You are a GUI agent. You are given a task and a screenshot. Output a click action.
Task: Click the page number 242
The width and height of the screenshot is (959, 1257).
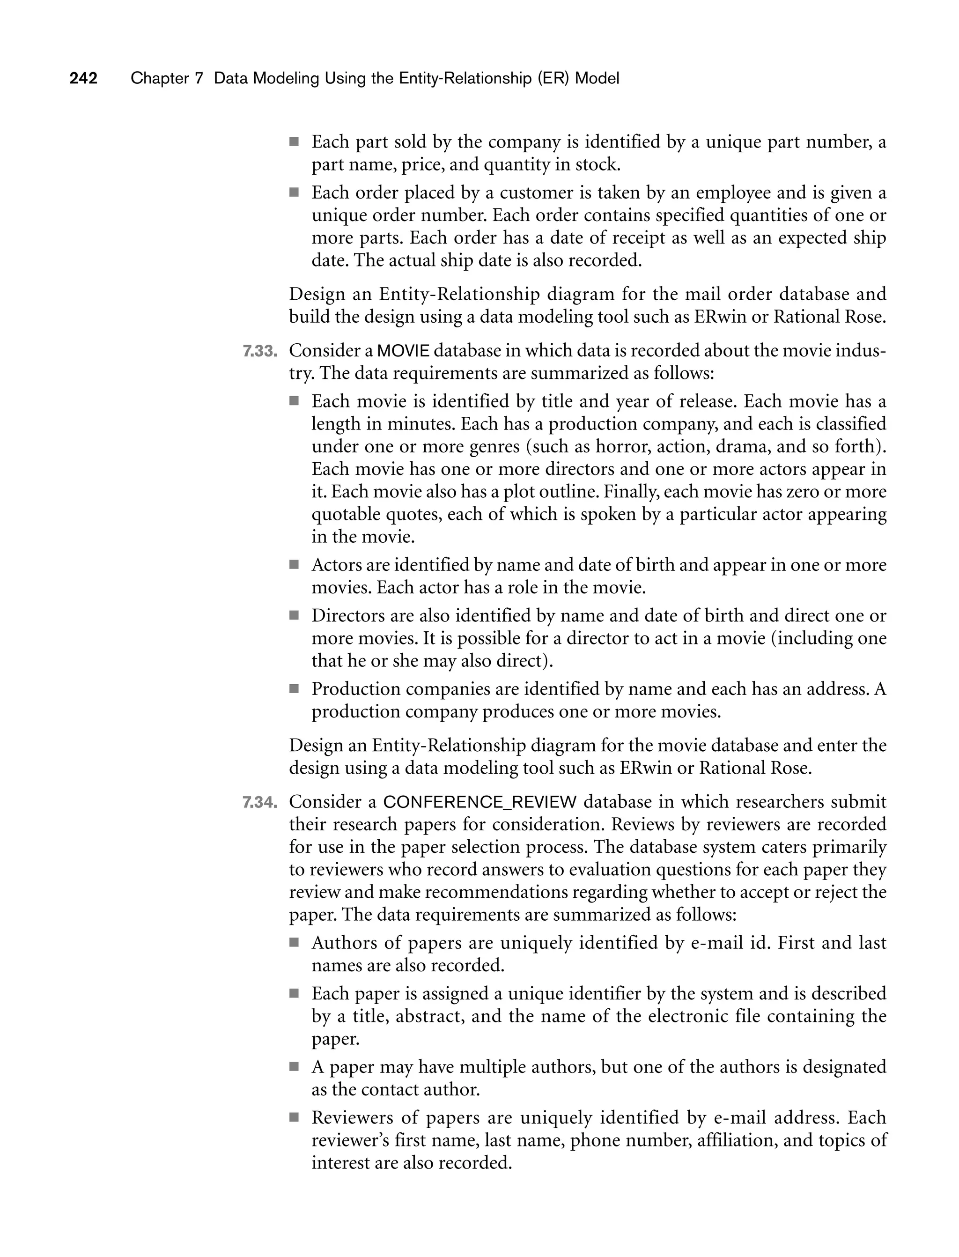click(83, 78)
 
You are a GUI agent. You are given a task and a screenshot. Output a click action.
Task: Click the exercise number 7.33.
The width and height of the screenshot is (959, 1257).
click(260, 351)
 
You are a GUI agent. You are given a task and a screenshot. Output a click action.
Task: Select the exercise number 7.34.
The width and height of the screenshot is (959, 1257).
click(260, 803)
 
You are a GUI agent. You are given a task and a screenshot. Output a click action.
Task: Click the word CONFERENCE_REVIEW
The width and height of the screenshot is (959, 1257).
click(480, 803)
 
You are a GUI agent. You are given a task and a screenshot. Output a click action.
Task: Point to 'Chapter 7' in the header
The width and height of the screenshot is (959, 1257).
click(167, 78)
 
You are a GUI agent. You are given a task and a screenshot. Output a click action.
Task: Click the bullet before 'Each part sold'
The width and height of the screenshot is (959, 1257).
click(294, 141)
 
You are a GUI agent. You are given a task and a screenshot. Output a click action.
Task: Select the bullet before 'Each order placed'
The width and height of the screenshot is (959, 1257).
click(294, 192)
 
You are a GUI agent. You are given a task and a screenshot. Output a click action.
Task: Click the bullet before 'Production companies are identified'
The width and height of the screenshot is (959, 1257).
click(294, 689)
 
